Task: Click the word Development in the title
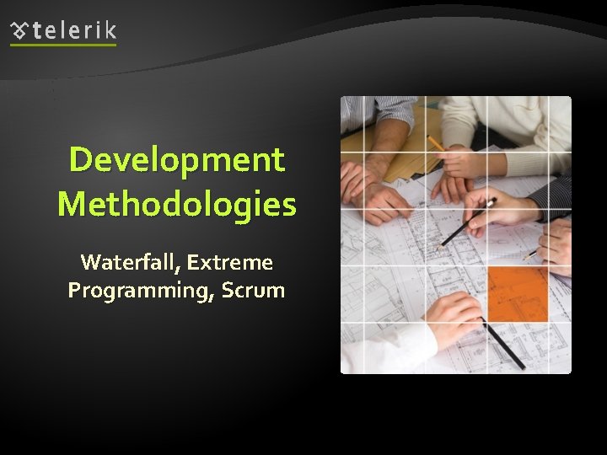pos(177,160)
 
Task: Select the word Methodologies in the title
pos(177,205)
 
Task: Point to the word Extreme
pos(230,263)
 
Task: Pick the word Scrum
pos(255,291)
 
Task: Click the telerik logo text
pos(74,31)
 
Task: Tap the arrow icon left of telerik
pos(19,31)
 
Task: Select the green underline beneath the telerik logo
pos(63,45)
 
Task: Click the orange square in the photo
pos(517,294)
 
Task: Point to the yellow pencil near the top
pos(437,144)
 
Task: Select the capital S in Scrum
pos(230,291)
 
